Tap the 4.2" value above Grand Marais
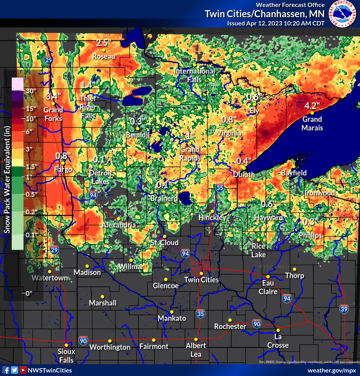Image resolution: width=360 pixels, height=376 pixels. [x=312, y=106]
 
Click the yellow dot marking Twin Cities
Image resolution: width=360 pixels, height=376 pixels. [x=201, y=273]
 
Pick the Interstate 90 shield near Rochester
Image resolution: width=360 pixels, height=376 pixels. [x=257, y=324]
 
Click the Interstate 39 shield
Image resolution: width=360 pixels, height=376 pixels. [x=344, y=309]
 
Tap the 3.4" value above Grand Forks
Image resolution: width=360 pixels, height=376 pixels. [x=54, y=96]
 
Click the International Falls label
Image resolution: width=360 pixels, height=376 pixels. [x=194, y=75]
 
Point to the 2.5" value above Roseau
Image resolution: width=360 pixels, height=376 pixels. [x=104, y=43]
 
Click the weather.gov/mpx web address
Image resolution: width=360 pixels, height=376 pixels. [x=332, y=370]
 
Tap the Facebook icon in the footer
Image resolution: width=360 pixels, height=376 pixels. [x=6, y=370]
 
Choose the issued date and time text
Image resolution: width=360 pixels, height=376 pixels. [x=275, y=23]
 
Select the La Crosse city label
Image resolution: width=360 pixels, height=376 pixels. [x=278, y=341]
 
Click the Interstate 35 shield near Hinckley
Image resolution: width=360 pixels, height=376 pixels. [x=220, y=188]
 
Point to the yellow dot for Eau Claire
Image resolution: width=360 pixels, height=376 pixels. [x=268, y=277]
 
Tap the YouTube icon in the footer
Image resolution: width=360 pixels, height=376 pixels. [x=23, y=370]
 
